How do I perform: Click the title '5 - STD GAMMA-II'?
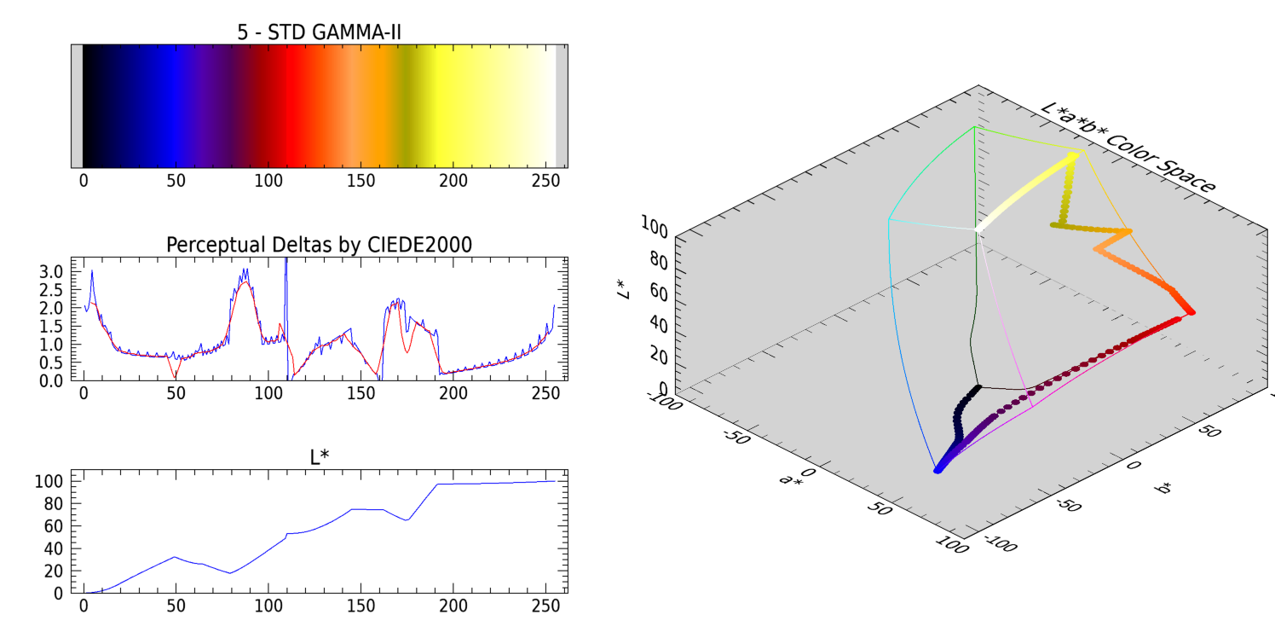click(x=320, y=32)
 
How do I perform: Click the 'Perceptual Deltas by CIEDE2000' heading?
click(x=320, y=245)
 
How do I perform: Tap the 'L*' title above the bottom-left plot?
click(x=320, y=457)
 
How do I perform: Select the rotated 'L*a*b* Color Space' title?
click(x=1128, y=148)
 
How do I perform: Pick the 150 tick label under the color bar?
click(x=361, y=181)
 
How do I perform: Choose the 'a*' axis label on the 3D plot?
click(x=790, y=478)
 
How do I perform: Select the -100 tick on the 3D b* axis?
click(x=1001, y=543)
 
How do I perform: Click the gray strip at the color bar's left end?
click(x=77, y=106)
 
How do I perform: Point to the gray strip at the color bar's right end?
click(x=562, y=106)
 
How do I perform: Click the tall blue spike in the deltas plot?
click(x=286, y=281)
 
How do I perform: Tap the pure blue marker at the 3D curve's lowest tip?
click(x=937, y=469)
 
